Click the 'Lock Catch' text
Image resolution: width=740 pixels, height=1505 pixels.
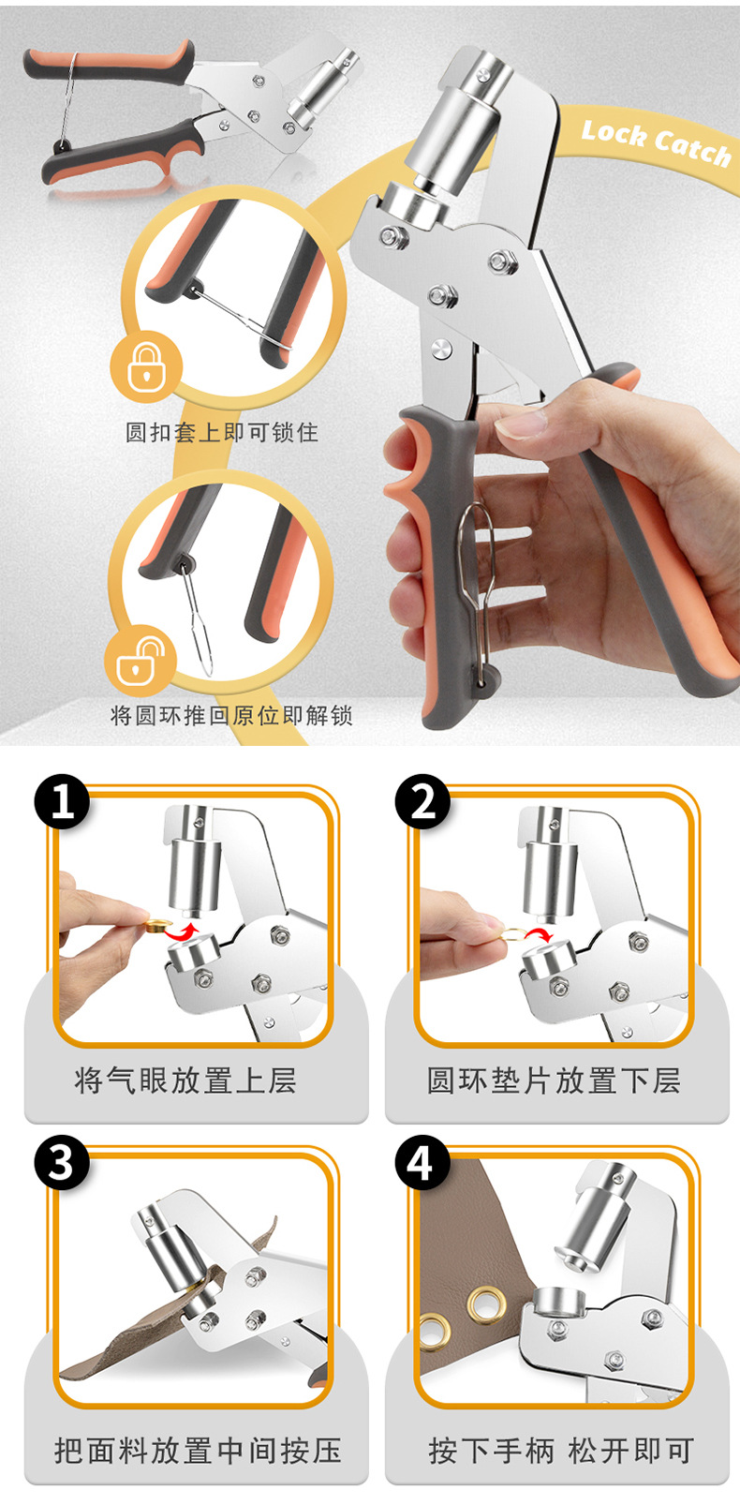tap(656, 143)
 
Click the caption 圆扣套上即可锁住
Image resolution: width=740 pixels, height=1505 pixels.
tap(222, 432)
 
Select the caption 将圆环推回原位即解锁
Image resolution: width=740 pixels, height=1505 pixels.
tap(231, 716)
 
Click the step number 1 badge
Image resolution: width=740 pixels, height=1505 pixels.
tap(62, 803)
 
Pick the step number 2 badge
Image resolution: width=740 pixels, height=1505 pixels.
tap(422, 803)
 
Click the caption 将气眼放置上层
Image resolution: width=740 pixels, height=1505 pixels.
tap(185, 1080)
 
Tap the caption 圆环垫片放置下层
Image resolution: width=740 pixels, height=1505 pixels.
tap(554, 1080)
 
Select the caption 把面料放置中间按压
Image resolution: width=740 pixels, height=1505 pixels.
tap(198, 1451)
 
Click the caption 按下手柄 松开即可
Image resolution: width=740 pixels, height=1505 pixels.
tap(560, 1451)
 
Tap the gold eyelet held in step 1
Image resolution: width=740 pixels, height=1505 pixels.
tap(155, 927)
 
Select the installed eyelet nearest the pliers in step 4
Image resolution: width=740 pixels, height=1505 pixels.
tap(486, 1303)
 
